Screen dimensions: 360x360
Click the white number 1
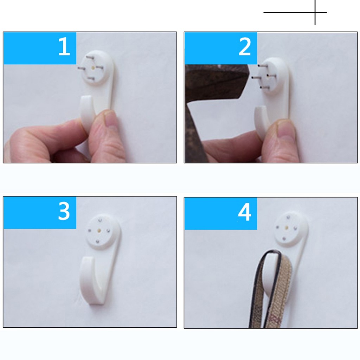pos(64,46)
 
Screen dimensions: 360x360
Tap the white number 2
pos(245,47)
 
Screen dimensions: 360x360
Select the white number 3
pos(64,211)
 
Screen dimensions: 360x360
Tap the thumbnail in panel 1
pos(112,120)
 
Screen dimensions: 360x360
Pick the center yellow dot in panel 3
pos(99,230)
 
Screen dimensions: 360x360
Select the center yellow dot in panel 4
pos(287,227)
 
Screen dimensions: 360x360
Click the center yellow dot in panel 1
pos(93,68)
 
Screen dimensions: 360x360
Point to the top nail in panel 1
pos(90,57)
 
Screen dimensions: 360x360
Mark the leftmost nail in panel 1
pos(82,68)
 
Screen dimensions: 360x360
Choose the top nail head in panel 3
pos(100,220)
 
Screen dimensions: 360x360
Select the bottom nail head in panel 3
pos(97,241)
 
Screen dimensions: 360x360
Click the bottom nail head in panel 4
pos(284,239)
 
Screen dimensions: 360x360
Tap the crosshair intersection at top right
pos(315,12)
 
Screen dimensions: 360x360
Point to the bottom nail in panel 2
pos(264,87)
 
